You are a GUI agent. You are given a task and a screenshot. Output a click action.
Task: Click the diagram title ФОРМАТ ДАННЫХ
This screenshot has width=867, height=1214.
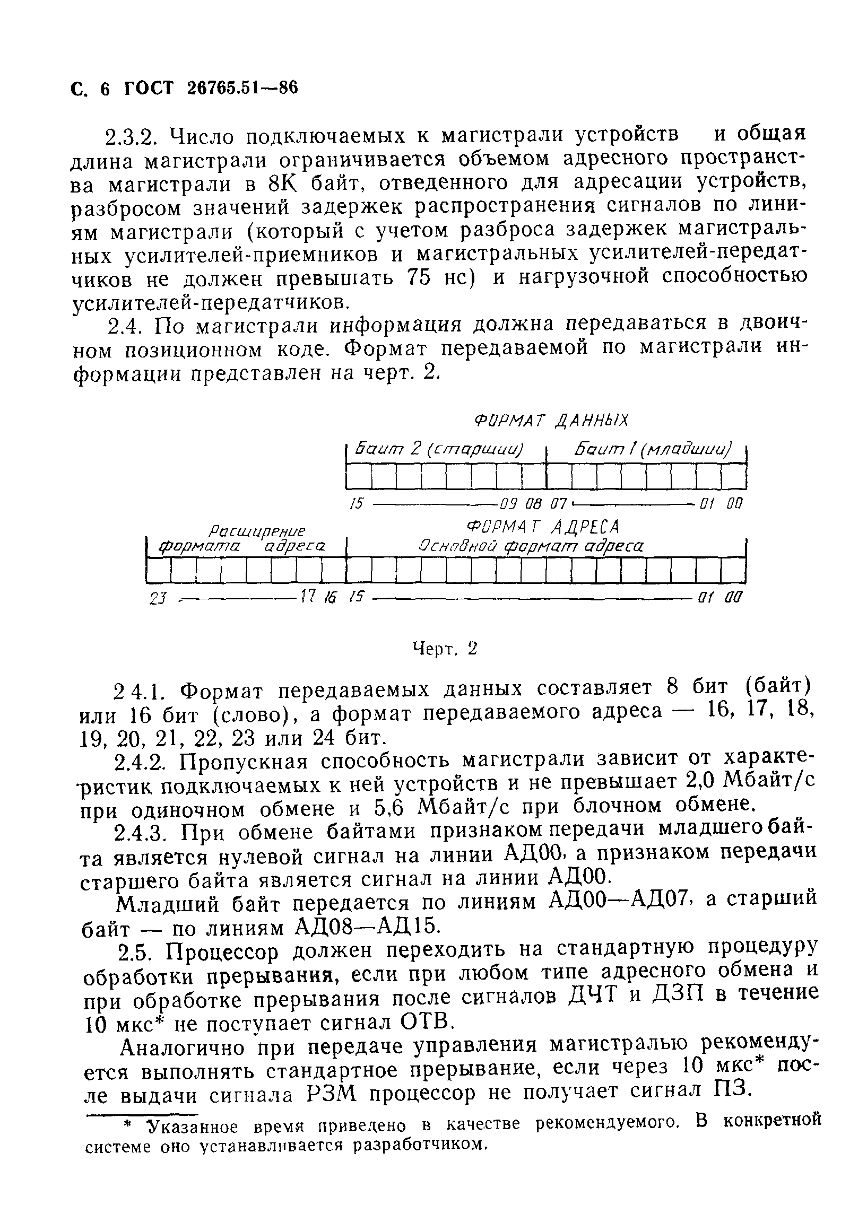pyautogui.click(x=551, y=421)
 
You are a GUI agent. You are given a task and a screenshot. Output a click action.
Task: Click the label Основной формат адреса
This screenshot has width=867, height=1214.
pyautogui.click(x=531, y=546)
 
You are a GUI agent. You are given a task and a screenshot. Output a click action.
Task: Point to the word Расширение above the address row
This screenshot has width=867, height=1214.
pyautogui.click(x=257, y=531)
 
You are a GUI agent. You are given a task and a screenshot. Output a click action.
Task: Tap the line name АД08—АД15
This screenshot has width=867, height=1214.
pyautogui.click(x=368, y=927)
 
